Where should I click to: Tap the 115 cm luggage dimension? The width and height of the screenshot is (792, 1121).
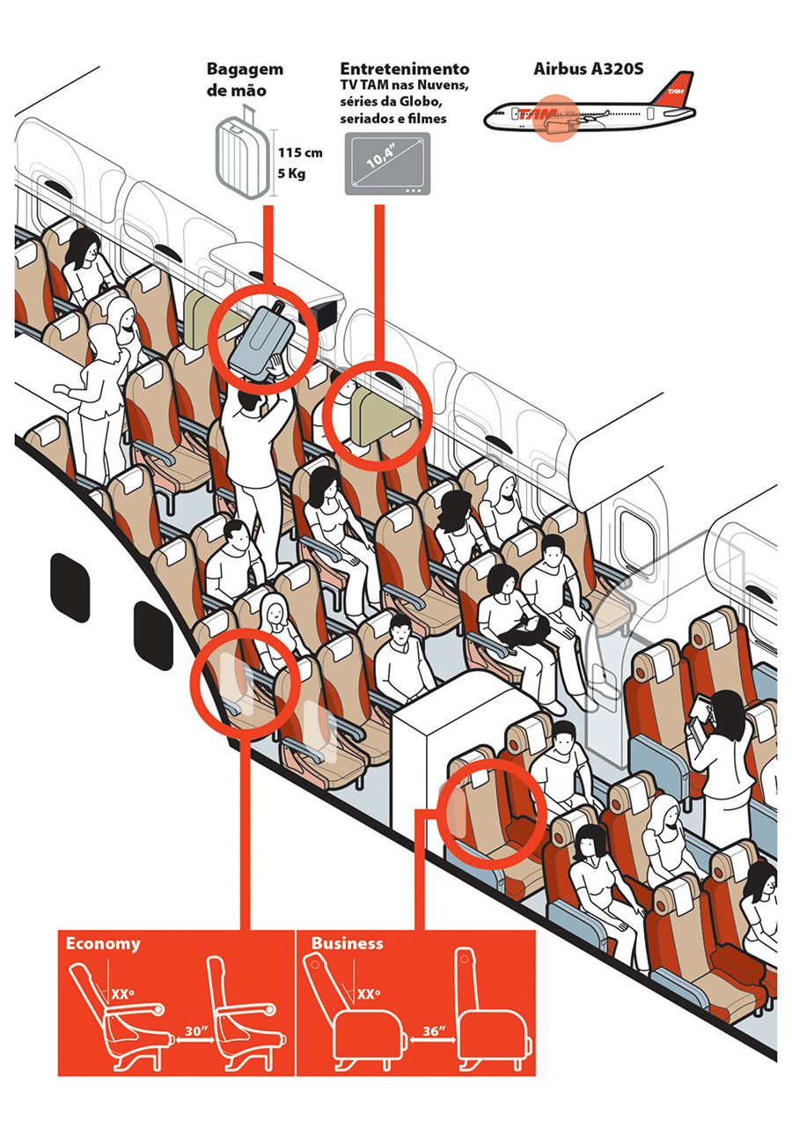pos(299,152)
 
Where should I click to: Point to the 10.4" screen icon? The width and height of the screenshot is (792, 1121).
pos(385,164)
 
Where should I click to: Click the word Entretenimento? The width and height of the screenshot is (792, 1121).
pos(404,68)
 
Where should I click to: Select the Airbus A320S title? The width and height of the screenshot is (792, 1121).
pos(588,68)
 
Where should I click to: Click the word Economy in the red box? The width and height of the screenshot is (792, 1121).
pos(103,943)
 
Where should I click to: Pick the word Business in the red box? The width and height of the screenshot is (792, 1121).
pos(347,943)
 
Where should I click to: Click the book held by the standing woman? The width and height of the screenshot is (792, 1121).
pos(700,710)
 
